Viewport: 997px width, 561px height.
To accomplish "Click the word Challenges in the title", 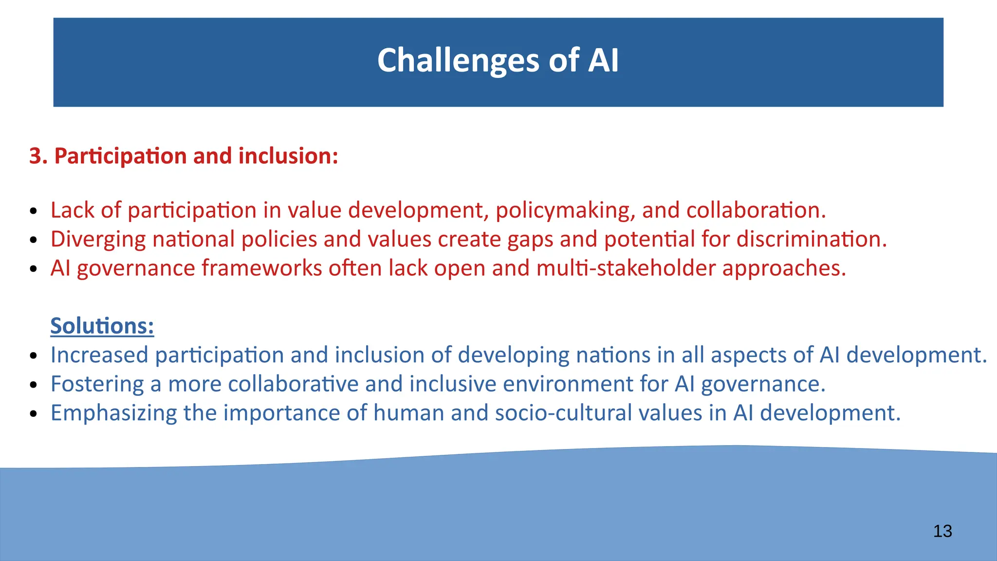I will (458, 61).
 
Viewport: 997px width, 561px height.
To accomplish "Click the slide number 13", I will (942, 531).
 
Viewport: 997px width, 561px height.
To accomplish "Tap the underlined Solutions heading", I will (102, 326).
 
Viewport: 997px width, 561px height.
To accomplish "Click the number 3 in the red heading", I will (35, 156).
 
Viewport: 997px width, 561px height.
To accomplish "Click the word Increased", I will (99, 355).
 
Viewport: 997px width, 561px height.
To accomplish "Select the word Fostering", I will (97, 384).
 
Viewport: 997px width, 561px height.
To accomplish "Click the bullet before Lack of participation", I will (33, 211).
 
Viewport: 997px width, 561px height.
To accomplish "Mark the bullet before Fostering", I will (33, 385).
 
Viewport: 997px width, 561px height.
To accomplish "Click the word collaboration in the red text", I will (755, 210).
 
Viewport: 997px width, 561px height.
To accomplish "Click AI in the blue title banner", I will (603, 61).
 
